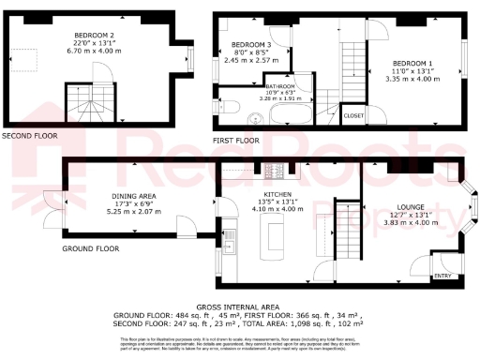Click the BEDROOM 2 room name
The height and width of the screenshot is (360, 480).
[x=93, y=36]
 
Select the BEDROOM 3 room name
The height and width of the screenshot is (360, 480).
[x=251, y=45]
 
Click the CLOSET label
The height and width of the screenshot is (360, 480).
[x=353, y=115]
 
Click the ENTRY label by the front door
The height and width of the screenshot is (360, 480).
[x=442, y=277]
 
